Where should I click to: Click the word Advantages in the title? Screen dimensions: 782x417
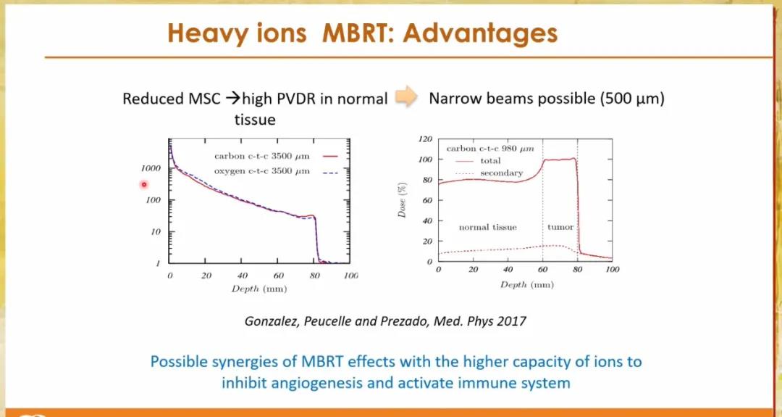pos(480,33)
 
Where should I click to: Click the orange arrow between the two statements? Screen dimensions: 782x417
pos(406,99)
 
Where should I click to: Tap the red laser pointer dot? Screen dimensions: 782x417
pos(143,185)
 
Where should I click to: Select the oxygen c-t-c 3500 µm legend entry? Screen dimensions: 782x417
pos(277,171)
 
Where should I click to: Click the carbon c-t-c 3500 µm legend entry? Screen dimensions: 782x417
pos(277,157)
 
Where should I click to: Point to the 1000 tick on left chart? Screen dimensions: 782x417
pos(151,168)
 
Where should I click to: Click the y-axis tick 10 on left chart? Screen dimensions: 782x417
pos(155,232)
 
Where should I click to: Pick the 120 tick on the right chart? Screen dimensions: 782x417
pos(426,139)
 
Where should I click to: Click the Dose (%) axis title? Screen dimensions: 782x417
pos(401,200)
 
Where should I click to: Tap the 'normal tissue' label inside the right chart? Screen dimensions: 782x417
pos(488,227)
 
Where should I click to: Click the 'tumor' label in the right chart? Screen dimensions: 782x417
pos(560,227)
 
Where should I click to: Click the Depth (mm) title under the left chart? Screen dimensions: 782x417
pos(258,289)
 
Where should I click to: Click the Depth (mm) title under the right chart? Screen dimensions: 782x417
pos(527,285)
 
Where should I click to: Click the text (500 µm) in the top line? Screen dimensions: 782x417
pos(632,99)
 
